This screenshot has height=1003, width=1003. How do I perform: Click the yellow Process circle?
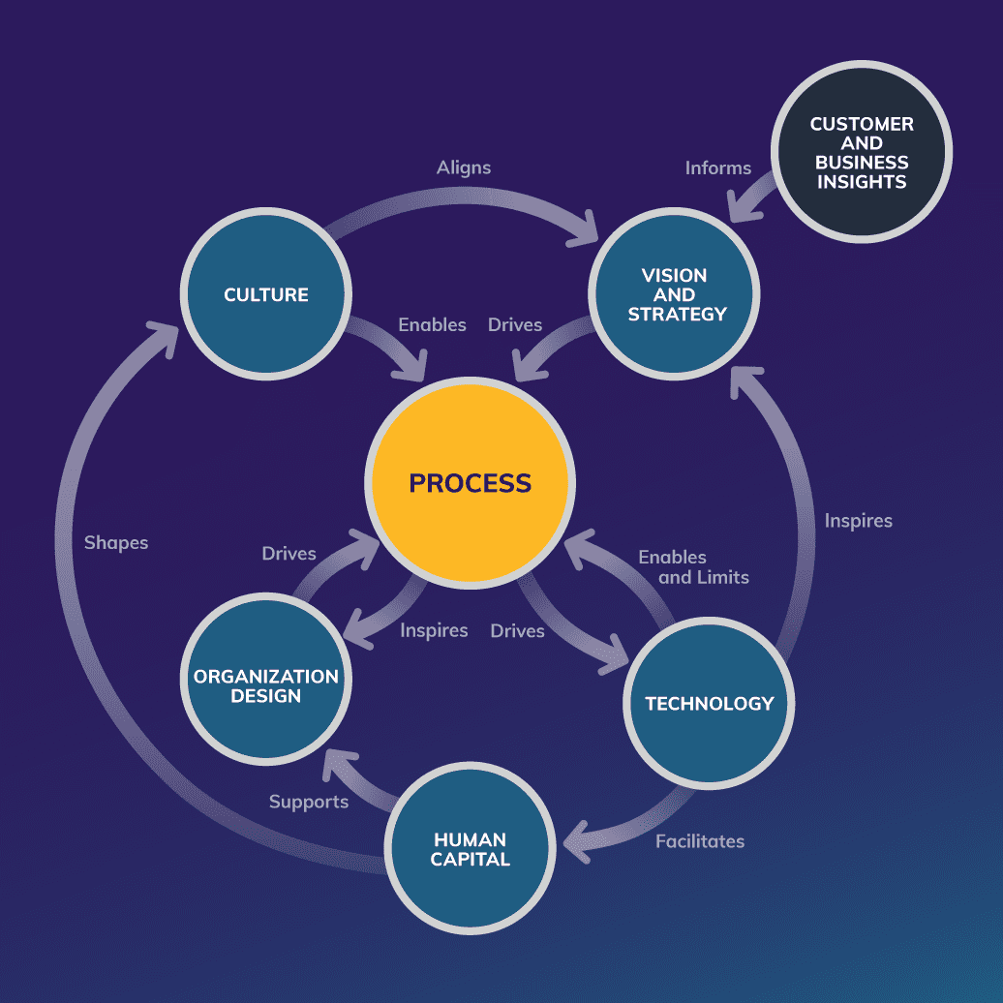[470, 482]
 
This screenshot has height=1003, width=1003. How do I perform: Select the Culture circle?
[266, 294]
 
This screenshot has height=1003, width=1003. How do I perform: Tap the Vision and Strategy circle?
[676, 294]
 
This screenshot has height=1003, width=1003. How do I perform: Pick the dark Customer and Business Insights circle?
[862, 153]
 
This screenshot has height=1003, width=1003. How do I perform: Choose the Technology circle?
[709, 704]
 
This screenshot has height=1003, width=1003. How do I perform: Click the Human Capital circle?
[471, 849]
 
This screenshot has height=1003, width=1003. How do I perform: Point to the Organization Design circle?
[266, 686]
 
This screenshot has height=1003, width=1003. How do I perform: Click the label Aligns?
[464, 167]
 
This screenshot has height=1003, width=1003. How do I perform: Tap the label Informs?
[718, 167]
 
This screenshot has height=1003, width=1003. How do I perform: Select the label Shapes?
[116, 543]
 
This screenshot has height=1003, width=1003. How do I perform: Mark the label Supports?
[309, 802]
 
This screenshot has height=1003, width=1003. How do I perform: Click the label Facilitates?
[700, 841]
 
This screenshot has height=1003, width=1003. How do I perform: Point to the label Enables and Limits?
[693, 567]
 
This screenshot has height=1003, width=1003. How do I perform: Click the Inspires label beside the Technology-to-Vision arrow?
[859, 521]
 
